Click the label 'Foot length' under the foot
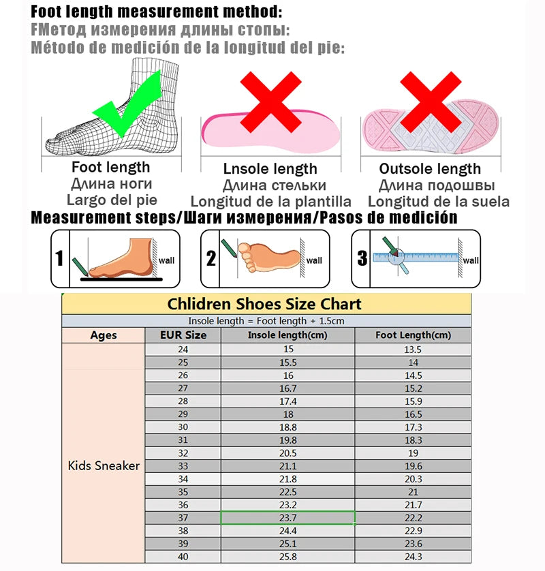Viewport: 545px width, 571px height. [x=111, y=167]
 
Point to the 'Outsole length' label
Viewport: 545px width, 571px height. [x=430, y=169]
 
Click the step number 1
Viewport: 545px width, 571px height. [x=60, y=259]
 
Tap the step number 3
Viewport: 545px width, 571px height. [x=361, y=258]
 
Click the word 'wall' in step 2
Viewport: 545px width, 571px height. [x=314, y=260]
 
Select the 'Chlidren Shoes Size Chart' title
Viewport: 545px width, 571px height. [x=265, y=304]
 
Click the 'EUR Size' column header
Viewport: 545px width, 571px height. [x=183, y=335]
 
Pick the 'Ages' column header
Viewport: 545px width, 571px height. [x=103, y=335]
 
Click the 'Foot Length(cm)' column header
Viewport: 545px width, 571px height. [x=413, y=335]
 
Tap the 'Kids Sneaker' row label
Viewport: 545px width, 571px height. [x=104, y=466]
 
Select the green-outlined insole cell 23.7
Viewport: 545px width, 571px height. [x=287, y=518]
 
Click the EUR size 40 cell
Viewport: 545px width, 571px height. [x=183, y=557]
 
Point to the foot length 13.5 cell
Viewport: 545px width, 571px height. [x=413, y=350]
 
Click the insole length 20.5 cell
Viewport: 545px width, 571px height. [x=287, y=453]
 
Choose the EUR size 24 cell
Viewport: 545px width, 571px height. [x=183, y=350]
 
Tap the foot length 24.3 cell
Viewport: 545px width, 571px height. [x=413, y=557]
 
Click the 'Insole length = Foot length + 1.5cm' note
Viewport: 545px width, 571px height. [x=266, y=320]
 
